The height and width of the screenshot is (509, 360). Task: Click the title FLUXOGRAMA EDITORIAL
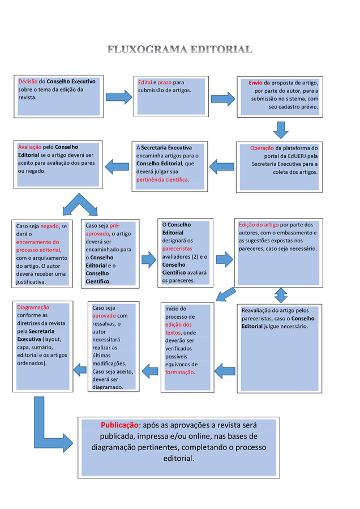180,49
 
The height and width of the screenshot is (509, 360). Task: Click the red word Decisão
28,82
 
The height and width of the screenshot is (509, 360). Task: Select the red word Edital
145,83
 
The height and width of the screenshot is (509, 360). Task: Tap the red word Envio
255,83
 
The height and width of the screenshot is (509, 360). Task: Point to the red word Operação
262,148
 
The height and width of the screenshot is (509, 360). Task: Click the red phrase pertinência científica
162,179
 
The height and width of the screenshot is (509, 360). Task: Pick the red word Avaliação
29,147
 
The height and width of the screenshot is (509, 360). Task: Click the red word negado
50,226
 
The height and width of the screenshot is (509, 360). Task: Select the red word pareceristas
177,249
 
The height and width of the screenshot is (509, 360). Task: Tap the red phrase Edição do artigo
259,225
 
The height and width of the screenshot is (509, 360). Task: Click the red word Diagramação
33,307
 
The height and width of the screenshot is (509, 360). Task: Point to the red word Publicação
120,425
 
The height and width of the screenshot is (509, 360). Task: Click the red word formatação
179,373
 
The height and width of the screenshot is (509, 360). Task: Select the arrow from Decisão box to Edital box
119,97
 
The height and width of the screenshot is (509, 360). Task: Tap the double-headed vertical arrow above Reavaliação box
281,296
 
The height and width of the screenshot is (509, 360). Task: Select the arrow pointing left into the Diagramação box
80,370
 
